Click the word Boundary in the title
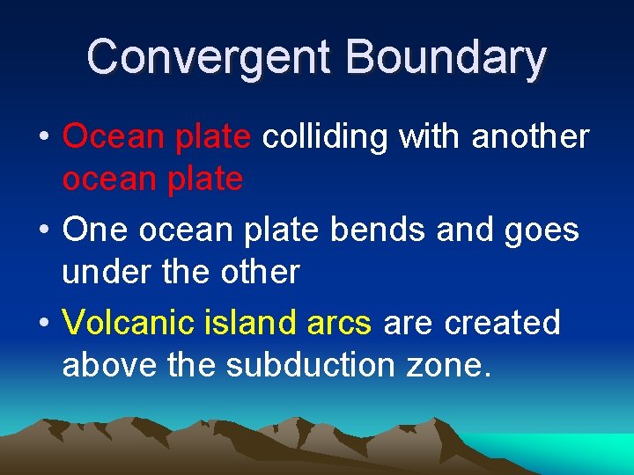click(446, 57)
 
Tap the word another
click(531, 136)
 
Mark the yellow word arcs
click(339, 325)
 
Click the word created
click(503, 323)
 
